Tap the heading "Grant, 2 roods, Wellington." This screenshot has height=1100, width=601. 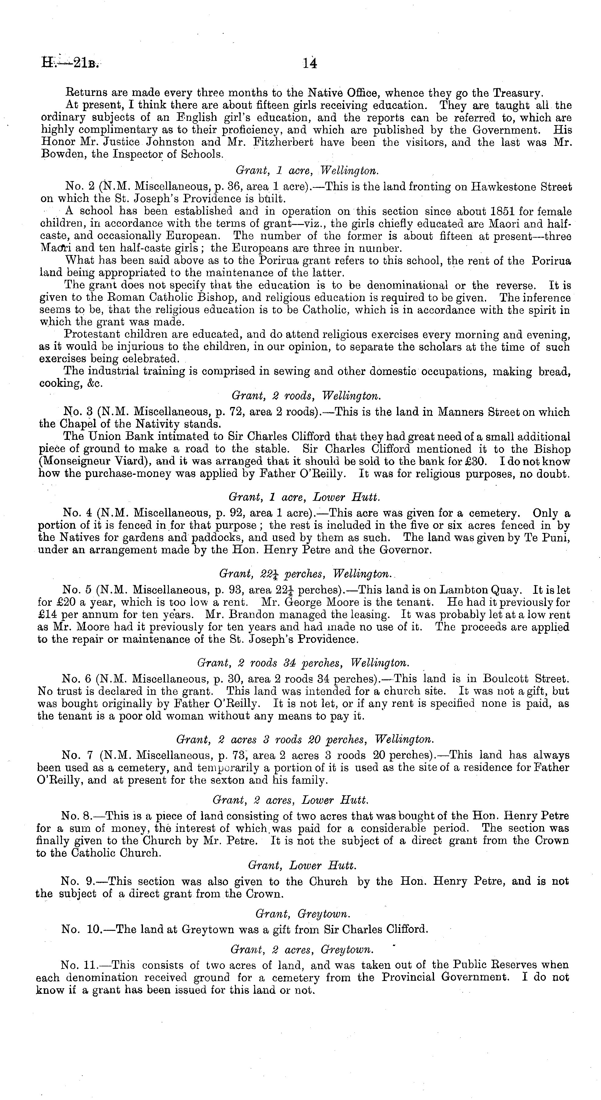(x=306, y=396)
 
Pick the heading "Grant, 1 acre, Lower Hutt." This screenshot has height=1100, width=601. (x=304, y=497)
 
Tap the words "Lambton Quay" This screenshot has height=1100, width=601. (x=480, y=590)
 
